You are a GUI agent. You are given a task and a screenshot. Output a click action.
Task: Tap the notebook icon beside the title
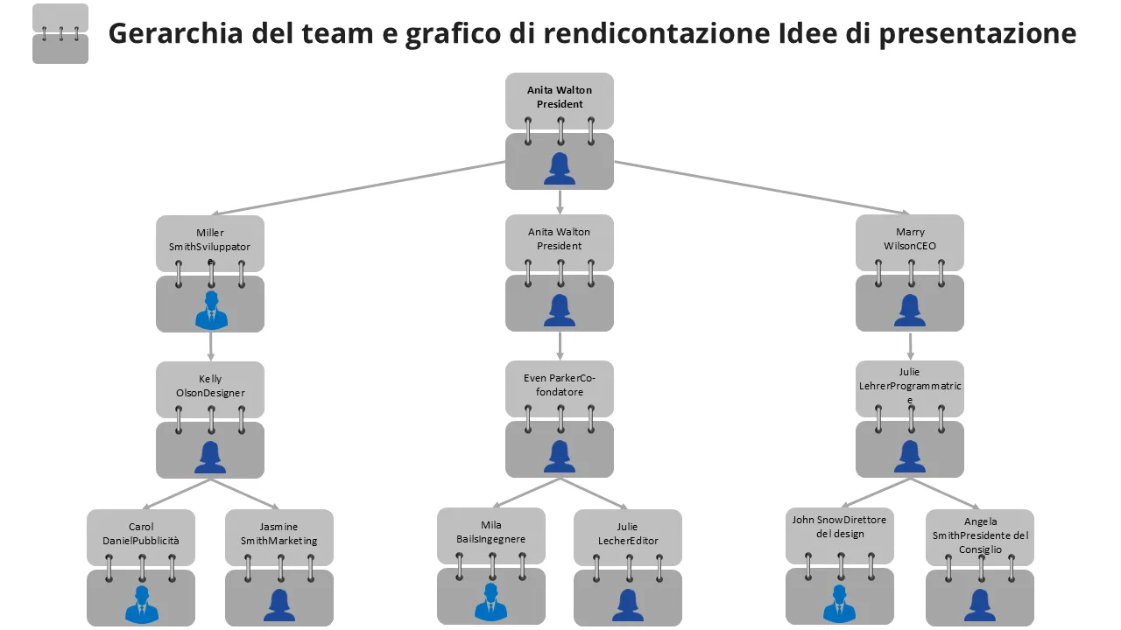pyautogui.click(x=60, y=34)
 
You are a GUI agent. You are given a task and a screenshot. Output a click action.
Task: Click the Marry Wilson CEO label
pyautogui.click(x=910, y=240)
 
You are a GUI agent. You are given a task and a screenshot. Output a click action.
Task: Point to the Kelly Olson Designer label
pyautogui.click(x=210, y=386)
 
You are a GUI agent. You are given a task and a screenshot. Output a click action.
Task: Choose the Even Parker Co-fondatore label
pyautogui.click(x=560, y=385)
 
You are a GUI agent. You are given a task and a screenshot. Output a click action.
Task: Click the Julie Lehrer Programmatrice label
pyautogui.click(x=910, y=385)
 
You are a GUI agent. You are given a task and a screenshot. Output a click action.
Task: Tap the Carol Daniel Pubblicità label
pyautogui.click(x=141, y=534)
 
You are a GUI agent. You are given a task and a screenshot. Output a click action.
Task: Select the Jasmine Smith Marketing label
pyautogui.click(x=279, y=534)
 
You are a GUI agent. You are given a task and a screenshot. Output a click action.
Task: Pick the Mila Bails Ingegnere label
pyautogui.click(x=491, y=532)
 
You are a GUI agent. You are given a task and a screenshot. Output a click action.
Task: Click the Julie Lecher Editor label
pyautogui.click(x=627, y=534)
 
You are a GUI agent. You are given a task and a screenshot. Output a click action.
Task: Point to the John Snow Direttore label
pyautogui.click(x=839, y=527)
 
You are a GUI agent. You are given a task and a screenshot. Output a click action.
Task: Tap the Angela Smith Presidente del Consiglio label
pyautogui.click(x=980, y=535)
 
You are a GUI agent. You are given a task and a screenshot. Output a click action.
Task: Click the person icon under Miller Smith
pyautogui.click(x=211, y=311)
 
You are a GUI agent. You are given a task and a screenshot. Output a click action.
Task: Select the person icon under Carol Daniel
pyautogui.click(x=142, y=605)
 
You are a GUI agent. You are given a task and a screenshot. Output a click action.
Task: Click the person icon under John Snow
pyautogui.click(x=839, y=605)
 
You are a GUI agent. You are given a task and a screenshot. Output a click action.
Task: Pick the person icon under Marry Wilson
pyautogui.click(x=910, y=311)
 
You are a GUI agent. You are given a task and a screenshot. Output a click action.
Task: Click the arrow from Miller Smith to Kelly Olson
pyautogui.click(x=211, y=346)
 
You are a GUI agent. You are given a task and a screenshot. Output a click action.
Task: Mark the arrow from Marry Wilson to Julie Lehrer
pyautogui.click(x=911, y=346)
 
